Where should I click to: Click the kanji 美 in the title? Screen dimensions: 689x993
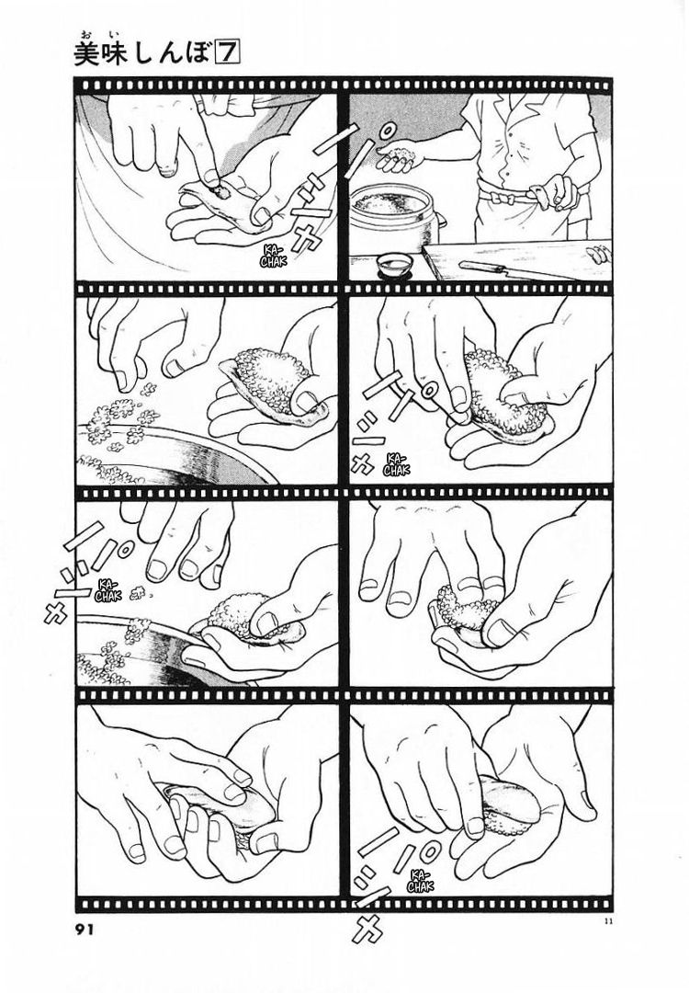pyautogui.click(x=86, y=55)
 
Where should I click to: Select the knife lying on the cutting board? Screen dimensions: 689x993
pyautogui.click(x=500, y=268)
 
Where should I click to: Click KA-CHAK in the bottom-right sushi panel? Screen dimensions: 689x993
pyautogui.click(x=420, y=880)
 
